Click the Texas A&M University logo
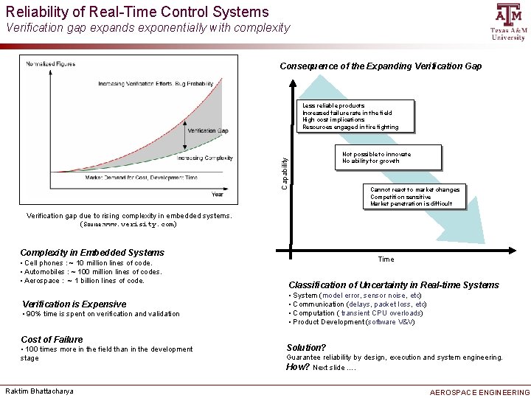pos(507,21)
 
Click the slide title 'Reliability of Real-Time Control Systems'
pos(137,11)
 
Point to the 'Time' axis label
pos(386,259)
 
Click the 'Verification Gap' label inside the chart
pos(207,130)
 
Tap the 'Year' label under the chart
pos(218,195)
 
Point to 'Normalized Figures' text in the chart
pos(52,64)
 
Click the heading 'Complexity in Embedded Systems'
pos(92,252)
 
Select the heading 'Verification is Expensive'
pos(74,304)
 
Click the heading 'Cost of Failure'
pos(52,339)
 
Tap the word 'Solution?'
pos(306,347)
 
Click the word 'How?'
pos(297,366)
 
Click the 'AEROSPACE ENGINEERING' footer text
pos(479,392)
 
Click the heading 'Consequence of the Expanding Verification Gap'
pos(381,66)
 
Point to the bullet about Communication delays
pos(359,304)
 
